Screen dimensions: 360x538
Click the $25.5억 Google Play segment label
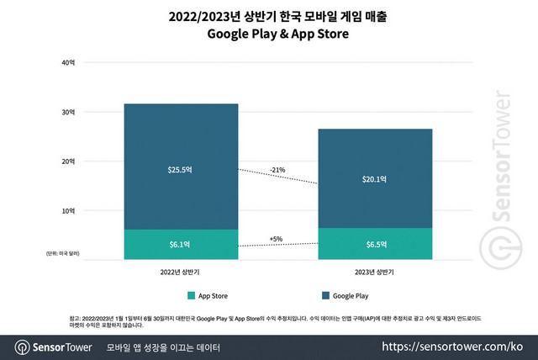click(180, 169)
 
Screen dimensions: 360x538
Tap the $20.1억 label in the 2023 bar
click(375, 178)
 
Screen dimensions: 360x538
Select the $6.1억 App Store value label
click(180, 244)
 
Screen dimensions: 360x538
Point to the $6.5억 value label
click(375, 244)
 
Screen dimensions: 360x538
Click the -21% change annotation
click(277, 170)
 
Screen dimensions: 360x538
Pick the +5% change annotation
click(277, 239)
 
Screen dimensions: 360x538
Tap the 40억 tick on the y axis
click(68, 63)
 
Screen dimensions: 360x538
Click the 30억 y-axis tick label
click(68, 112)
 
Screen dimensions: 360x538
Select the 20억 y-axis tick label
click(68, 161)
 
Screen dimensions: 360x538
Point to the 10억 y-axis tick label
click(68, 210)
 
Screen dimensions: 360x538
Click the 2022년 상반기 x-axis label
click(180, 272)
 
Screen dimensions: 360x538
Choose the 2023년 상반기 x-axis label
click(375, 272)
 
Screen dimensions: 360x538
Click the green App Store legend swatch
click(192, 295)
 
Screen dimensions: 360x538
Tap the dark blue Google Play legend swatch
click(324, 295)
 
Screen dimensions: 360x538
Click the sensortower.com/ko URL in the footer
click(453, 347)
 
